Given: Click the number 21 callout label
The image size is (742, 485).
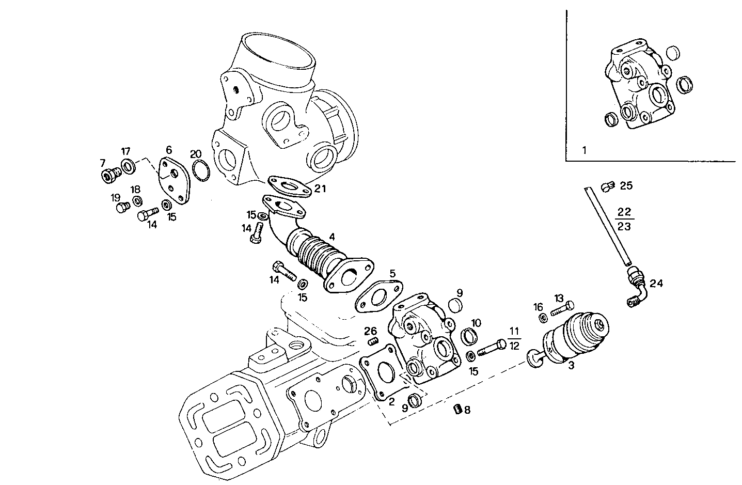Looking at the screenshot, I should pos(320,189).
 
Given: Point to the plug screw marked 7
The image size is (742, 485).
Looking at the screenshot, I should pos(109,176).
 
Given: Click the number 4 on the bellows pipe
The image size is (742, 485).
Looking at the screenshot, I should pos(332,237).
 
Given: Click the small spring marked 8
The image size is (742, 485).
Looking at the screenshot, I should pos(456,410).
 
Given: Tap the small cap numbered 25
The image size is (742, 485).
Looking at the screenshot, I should pos(608,185).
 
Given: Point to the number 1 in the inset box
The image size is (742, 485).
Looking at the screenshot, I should pos(584,151).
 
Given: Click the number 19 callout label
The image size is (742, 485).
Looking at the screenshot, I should pos(115,197).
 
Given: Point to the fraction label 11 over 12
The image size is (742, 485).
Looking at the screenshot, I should pos(514,338).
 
